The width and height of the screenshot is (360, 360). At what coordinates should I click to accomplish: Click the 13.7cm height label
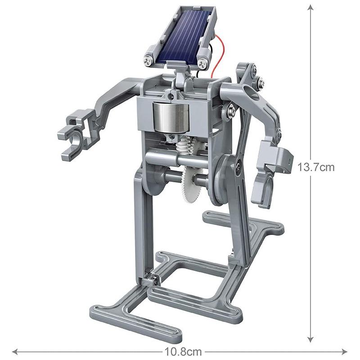(x=316, y=167)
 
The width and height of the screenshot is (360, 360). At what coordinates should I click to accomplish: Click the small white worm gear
(x=182, y=146)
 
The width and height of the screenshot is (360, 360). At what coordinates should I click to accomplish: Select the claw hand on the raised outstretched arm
(x=74, y=138)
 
